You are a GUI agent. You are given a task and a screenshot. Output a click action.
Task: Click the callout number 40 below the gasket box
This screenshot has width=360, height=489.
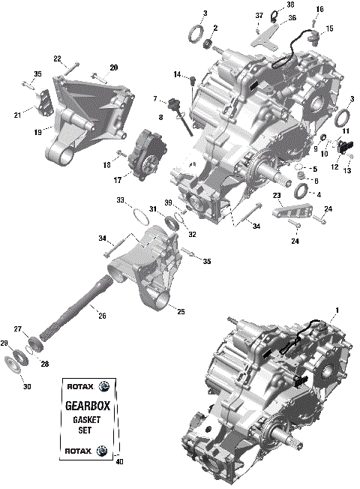pyautogui.click(x=118, y=461)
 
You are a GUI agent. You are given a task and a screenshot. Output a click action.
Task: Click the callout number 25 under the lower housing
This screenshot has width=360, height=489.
pyautogui.click(x=181, y=310)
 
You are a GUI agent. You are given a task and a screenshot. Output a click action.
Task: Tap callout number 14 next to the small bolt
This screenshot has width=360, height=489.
pyautogui.click(x=178, y=74)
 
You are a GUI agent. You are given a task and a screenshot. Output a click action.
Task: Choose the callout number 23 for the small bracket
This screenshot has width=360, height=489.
pyautogui.click(x=277, y=196)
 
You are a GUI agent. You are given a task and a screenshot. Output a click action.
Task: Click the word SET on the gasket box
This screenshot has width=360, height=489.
pyautogui.click(x=87, y=430)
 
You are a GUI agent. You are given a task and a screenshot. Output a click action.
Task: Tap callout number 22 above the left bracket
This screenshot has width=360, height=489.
pyautogui.click(x=57, y=58)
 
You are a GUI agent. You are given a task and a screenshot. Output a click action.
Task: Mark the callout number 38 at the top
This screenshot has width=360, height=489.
pyautogui.click(x=290, y=4)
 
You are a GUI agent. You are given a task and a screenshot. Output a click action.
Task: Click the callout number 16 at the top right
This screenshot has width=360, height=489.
pyautogui.click(x=319, y=9)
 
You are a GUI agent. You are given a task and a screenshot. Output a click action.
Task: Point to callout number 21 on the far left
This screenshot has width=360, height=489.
pyautogui.click(x=17, y=114)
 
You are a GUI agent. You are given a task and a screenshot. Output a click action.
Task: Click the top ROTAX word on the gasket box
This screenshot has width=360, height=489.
pyautogui.click(x=75, y=386)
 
